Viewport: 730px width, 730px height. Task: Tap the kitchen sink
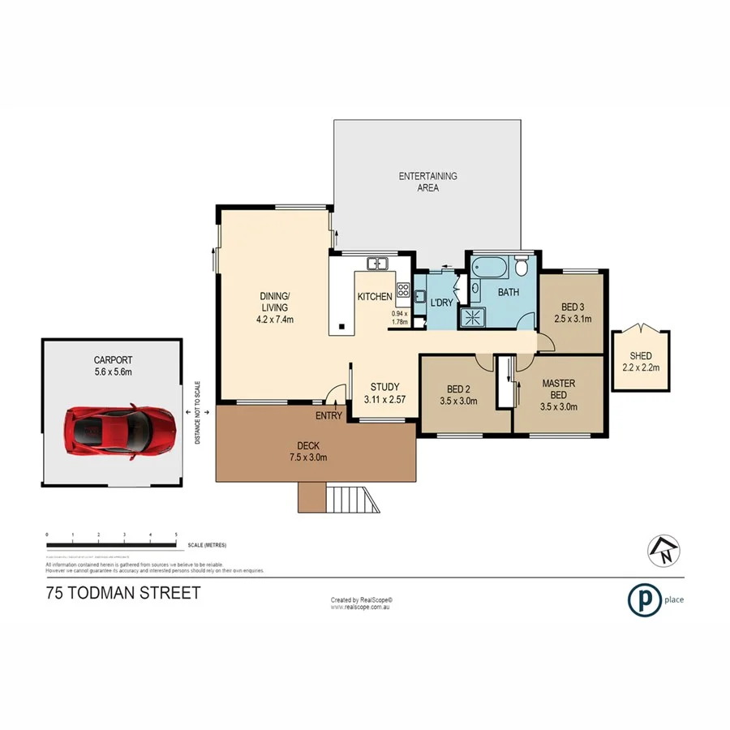(377, 263)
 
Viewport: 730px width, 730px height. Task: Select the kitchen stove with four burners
(403, 289)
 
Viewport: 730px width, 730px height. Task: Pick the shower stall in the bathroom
(471, 317)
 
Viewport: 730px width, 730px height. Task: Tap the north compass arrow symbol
(660, 551)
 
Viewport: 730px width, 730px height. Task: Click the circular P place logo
(643, 599)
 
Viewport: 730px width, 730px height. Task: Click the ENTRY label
(328, 416)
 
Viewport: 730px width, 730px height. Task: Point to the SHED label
(641, 356)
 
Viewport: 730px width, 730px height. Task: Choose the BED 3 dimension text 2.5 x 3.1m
(572, 319)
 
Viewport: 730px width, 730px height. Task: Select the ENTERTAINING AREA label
(427, 182)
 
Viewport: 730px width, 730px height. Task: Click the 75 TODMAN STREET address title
(123, 594)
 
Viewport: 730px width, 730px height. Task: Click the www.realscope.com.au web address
(362, 606)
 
